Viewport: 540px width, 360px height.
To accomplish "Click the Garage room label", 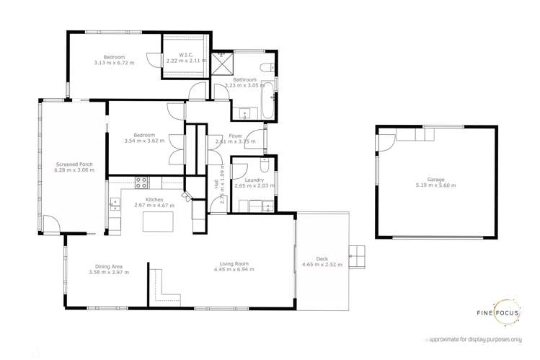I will pyautogui.click(x=435, y=180).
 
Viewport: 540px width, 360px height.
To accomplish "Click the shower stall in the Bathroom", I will pyautogui.click(x=221, y=60).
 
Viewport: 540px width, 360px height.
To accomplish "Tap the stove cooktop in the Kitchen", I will pyautogui.click(x=141, y=183).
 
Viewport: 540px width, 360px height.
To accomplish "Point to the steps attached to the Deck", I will pyautogui.click(x=356, y=254).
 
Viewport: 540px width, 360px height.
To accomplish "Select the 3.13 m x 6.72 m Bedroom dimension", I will pyautogui.click(x=114, y=63).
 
